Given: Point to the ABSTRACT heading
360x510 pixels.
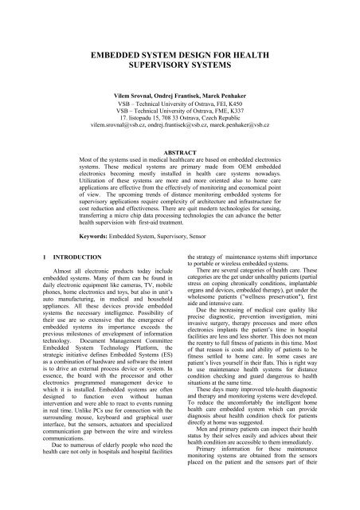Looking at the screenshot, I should [180, 151].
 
